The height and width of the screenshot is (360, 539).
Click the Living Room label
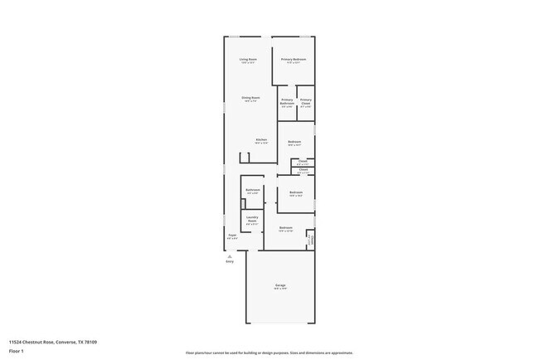pyautogui.click(x=248, y=60)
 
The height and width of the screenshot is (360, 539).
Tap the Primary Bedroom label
pyautogui.click(x=294, y=60)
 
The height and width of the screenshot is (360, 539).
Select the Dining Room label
pyautogui.click(x=250, y=98)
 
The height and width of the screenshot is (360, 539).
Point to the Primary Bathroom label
pyautogui.click(x=287, y=101)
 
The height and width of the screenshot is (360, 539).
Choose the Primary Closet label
pyautogui.click(x=306, y=101)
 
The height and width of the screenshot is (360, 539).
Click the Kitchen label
pyautogui.click(x=261, y=139)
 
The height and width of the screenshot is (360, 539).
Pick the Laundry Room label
pyautogui.click(x=252, y=219)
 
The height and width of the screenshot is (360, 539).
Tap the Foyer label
pyautogui.click(x=232, y=236)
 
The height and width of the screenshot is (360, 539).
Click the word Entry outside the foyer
pyautogui.click(x=230, y=261)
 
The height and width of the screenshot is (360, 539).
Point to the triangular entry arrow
pyautogui.click(x=230, y=255)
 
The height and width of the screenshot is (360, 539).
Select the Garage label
pyautogui.click(x=281, y=285)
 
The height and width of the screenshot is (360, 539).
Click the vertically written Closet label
pyautogui.click(x=311, y=239)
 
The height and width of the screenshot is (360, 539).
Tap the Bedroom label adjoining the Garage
pyautogui.click(x=285, y=227)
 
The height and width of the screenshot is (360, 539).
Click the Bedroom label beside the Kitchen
pyautogui.click(x=294, y=142)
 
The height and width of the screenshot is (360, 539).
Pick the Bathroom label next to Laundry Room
pyautogui.click(x=252, y=190)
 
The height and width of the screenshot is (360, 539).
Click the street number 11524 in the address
pyautogui.click(x=16, y=341)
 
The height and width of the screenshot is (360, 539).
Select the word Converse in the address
pyautogui.click(x=65, y=341)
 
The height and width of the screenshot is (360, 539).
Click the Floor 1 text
pyautogui.click(x=16, y=351)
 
